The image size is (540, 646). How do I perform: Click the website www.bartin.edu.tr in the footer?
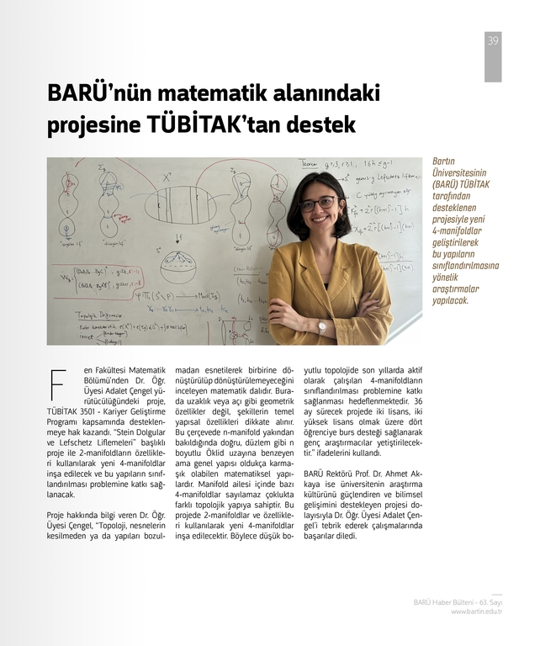tap(476, 612)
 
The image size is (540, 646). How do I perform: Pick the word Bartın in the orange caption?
tap(443, 161)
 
